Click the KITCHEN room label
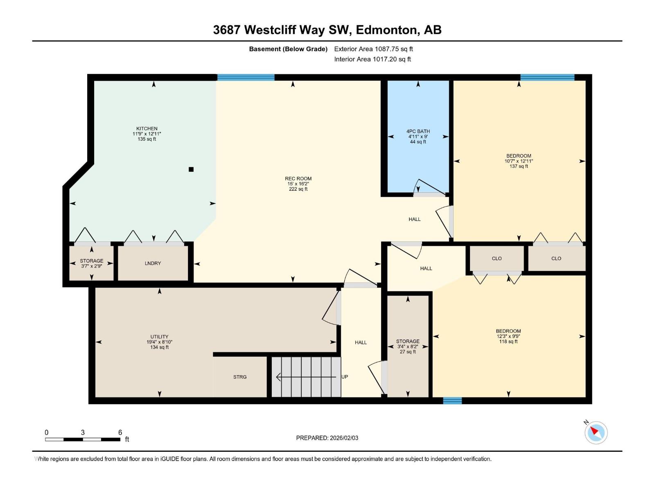point(147,128)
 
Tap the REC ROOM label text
point(298,178)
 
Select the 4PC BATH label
point(418,131)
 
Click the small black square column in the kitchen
point(191,169)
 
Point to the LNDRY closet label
point(153,263)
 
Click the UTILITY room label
point(159,337)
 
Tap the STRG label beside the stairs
point(240,377)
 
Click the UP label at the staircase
point(345,377)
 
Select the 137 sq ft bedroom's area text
point(519,167)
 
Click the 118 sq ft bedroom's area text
point(508,342)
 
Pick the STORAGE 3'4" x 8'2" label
point(408,341)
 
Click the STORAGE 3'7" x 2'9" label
point(91,261)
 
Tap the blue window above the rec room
point(246,77)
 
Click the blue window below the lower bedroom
point(452,401)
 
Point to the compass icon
point(596,432)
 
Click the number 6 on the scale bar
point(120,432)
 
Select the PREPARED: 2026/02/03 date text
point(327,438)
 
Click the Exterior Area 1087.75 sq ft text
point(373,49)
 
